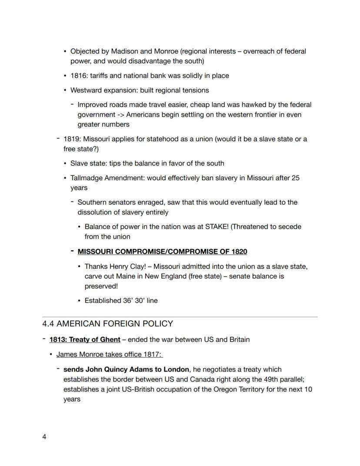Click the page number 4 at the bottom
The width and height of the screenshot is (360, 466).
[x=44, y=437]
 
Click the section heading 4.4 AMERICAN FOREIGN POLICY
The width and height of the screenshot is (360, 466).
[x=107, y=324]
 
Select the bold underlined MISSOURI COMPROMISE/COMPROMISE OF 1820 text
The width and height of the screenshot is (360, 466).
[x=162, y=251]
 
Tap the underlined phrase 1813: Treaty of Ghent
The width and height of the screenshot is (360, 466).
[x=85, y=339]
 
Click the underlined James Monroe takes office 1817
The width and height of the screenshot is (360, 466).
[x=109, y=355]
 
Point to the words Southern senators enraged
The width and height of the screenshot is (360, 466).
[x=120, y=202]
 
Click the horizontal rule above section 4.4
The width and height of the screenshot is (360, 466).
[x=180, y=317]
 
